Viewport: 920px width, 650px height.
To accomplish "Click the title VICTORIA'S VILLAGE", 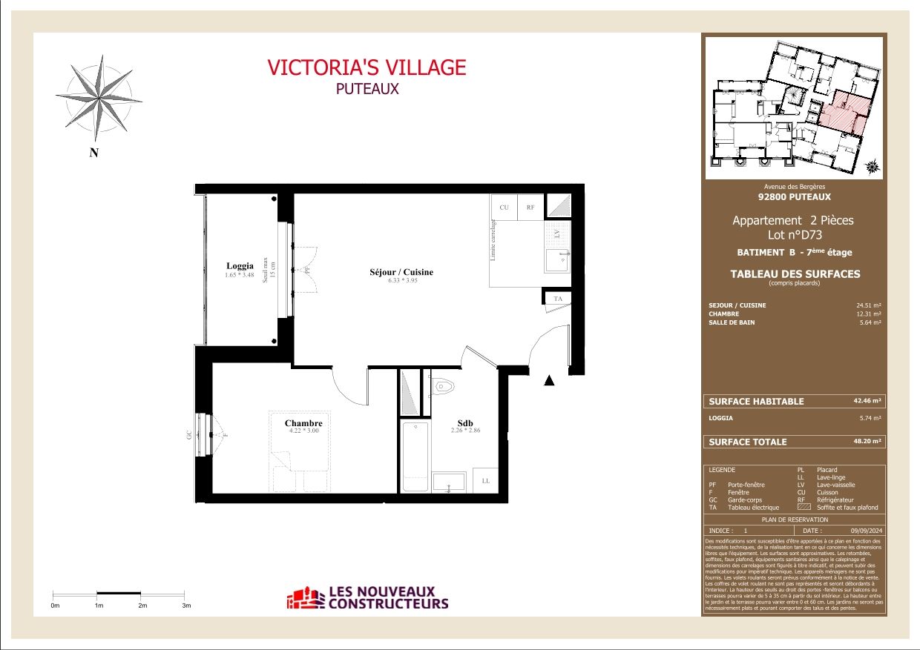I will coord(367,67).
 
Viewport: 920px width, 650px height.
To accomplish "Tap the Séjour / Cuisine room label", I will coord(401,272).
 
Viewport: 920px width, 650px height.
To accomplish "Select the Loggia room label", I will coord(240,266).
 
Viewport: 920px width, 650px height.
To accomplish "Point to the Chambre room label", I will coord(303,423).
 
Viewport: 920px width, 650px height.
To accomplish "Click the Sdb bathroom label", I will coord(465,423).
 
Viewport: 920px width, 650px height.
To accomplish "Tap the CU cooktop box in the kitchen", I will coord(504,208).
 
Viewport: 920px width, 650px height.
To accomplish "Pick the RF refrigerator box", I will coord(530,208).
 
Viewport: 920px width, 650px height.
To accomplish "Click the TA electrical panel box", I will coord(559,299).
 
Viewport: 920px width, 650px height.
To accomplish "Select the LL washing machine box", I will coord(485,481).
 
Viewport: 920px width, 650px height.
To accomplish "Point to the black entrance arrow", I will coord(550,381).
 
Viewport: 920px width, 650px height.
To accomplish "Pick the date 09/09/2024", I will coord(865,531).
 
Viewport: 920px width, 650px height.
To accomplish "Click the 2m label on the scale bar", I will coord(142,606).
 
